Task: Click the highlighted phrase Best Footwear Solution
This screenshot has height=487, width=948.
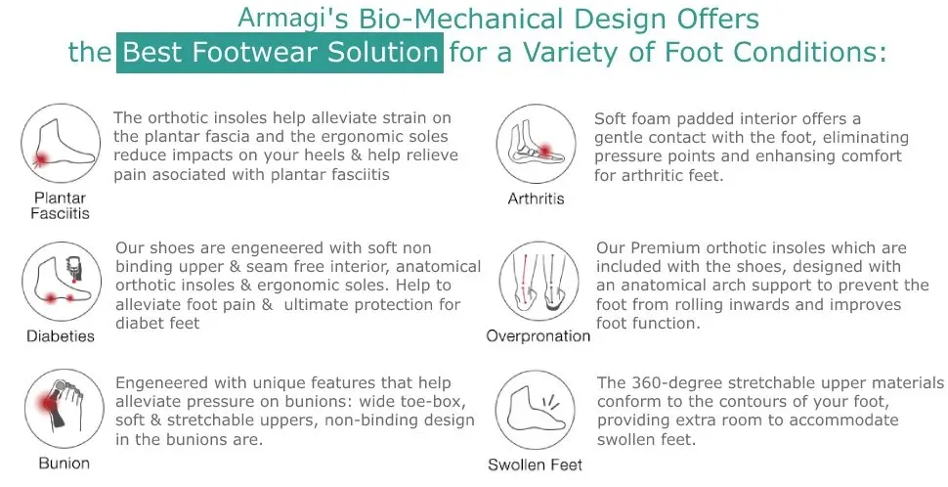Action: point(280,53)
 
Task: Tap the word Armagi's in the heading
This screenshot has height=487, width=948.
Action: point(292,19)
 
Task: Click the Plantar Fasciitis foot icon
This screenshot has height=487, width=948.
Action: point(61,144)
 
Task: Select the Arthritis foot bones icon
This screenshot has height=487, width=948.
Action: point(537,144)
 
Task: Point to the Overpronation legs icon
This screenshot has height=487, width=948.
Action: point(539,282)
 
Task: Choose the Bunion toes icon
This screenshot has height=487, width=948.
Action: point(65,409)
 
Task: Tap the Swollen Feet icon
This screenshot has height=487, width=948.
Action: point(535,411)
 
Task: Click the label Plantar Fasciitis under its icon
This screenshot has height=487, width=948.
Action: point(60,205)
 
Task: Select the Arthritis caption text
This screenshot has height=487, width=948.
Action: point(537,199)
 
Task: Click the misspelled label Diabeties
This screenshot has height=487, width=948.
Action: point(61,336)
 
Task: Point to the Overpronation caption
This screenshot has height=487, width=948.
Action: point(539,336)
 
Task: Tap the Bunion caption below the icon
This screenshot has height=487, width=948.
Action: point(65,464)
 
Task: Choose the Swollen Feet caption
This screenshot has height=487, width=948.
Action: point(535,465)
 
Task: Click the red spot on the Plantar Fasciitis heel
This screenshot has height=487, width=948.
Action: point(41,159)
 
